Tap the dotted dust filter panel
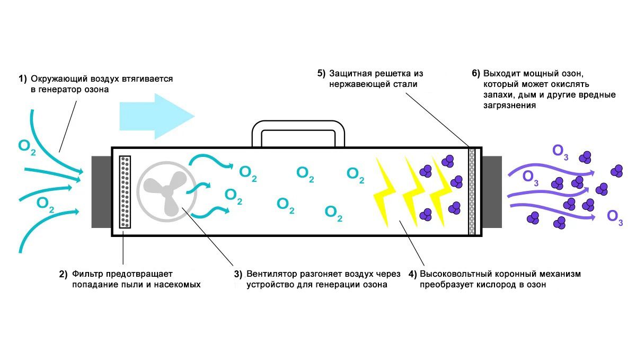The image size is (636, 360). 125,191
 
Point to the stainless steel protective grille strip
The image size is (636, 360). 472,191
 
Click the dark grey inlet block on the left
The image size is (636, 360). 101,191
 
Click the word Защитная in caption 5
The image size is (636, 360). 348,73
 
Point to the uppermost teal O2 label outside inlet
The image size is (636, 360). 27,146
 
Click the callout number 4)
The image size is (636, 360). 412,274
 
